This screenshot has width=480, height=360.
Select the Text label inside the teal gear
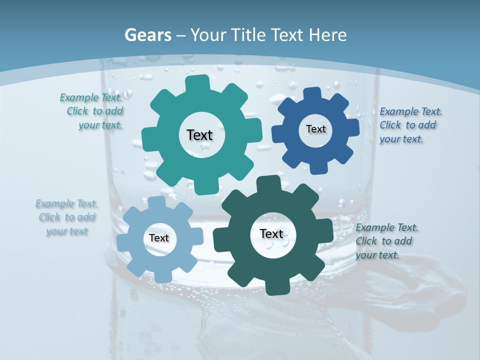coord(199,135)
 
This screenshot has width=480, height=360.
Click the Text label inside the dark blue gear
coord(315,129)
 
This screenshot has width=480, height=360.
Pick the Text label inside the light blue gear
coord(159,238)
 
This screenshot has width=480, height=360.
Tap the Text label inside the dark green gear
coord(271,233)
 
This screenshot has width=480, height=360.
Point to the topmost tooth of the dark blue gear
coord(312,93)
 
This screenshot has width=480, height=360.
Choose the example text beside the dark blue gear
coord(410,125)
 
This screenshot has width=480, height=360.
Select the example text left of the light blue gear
coord(67,217)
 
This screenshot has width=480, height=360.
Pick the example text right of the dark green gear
coord(386,241)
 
